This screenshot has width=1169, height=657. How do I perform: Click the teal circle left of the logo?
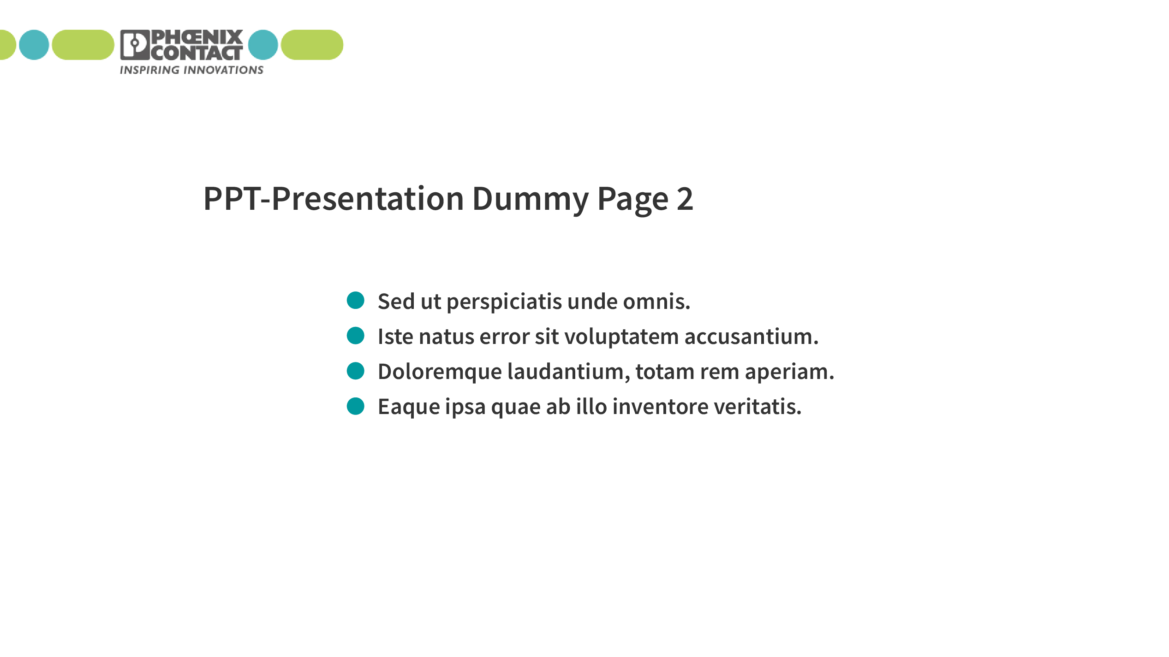[34, 45]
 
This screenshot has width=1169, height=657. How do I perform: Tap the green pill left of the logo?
[83, 45]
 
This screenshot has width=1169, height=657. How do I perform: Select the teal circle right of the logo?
[263, 45]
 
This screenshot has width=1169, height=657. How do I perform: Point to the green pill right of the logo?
[312, 45]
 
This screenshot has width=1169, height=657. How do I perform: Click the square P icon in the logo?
[135, 45]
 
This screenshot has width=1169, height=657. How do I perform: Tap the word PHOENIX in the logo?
[197, 37]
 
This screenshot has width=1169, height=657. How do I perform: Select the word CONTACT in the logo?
[197, 53]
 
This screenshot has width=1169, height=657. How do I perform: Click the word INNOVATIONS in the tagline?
[224, 70]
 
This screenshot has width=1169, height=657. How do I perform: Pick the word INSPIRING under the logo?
[149, 70]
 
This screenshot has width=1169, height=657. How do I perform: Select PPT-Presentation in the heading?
[334, 199]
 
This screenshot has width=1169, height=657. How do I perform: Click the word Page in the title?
[633, 200]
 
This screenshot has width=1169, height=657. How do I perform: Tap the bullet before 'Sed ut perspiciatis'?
[356, 300]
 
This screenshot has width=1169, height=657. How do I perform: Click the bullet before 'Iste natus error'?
[356, 335]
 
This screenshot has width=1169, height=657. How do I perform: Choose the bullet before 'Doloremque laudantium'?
[356, 371]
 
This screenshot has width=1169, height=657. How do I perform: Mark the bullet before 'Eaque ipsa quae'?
[356, 406]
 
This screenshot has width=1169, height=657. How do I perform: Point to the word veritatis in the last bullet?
[758, 406]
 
